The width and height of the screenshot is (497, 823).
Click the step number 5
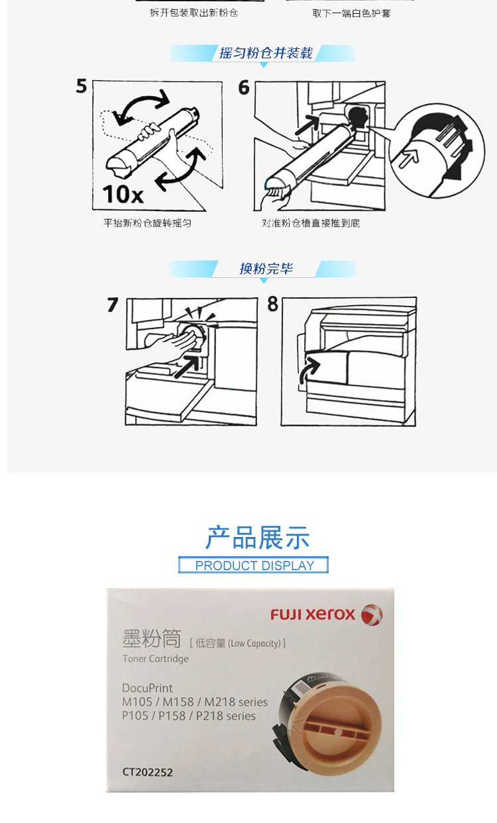[x=82, y=86]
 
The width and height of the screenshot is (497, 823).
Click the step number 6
[x=244, y=87]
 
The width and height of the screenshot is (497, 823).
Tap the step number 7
[x=113, y=305]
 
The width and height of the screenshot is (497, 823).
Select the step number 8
[x=273, y=304]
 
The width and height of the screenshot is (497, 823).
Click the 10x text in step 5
[x=123, y=194]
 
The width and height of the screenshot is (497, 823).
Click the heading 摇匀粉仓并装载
[x=266, y=53]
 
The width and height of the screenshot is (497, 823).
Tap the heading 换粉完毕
[x=266, y=269]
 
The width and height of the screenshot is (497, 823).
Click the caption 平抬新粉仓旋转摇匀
[x=147, y=223]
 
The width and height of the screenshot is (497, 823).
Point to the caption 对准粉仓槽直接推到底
[x=311, y=223]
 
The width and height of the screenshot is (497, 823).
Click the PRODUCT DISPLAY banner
[x=254, y=565]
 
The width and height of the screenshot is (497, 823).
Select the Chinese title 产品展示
[x=257, y=538]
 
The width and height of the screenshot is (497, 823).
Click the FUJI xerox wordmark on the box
[x=313, y=614]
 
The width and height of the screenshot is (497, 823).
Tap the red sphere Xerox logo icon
[x=372, y=614]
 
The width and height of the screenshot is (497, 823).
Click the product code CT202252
[x=147, y=772]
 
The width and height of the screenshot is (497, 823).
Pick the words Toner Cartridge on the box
[x=156, y=659]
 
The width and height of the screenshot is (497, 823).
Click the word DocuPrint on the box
[x=147, y=688]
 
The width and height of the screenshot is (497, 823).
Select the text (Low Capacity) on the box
[x=254, y=644]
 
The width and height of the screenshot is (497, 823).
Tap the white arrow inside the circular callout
[x=409, y=158]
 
